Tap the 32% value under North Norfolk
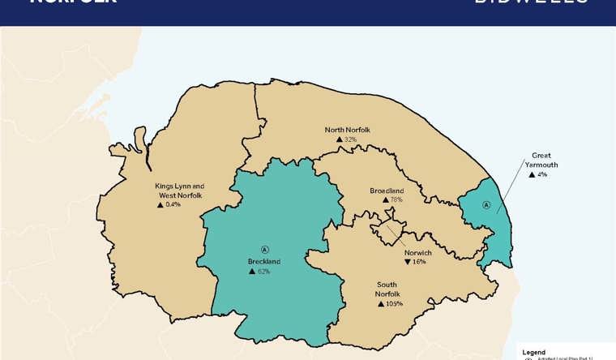tap(351, 139)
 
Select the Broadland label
tap(387, 190)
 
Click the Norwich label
tap(417, 253)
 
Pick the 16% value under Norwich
tap(419, 263)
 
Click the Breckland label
tap(263, 262)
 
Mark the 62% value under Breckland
tap(264, 272)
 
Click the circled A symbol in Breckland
tap(263, 248)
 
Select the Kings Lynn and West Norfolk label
tap(179, 191)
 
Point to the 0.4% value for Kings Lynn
tap(173, 204)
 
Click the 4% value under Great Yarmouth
tap(542, 174)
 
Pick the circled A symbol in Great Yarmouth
tap(486, 205)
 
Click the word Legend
tap(536, 352)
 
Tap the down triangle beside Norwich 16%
tap(407, 263)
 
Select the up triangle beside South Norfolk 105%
tap(380, 303)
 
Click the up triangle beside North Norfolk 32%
tap(339, 139)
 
